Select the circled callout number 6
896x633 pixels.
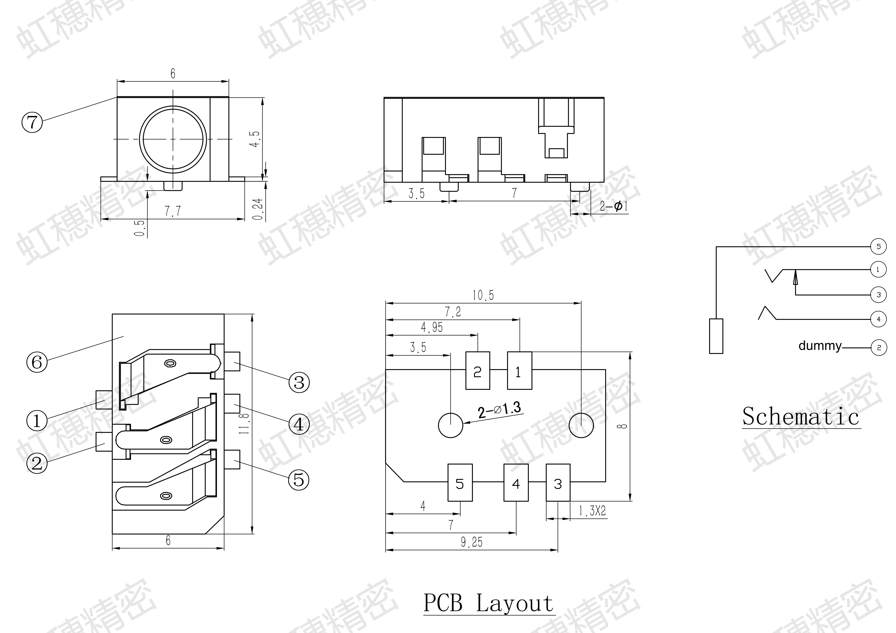click(37, 362)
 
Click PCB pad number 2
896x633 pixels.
click(478, 370)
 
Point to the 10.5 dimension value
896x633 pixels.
click(483, 295)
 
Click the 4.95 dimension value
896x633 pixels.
click(432, 327)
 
